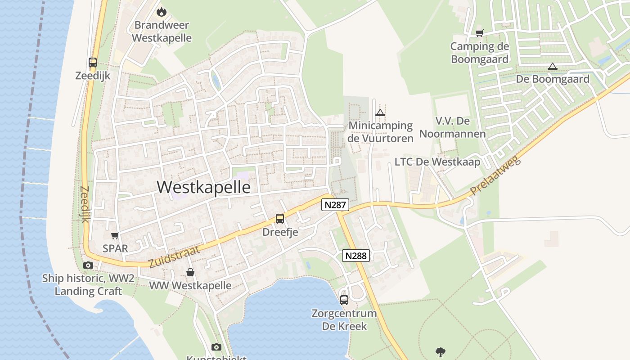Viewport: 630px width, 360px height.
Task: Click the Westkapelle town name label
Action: pos(204,187)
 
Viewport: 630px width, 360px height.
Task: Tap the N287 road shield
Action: pos(335,205)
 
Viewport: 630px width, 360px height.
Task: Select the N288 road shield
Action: pos(356,256)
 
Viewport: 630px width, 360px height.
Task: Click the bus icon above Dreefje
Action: pos(280,219)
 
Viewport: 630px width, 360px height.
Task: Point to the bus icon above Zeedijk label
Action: pos(93,63)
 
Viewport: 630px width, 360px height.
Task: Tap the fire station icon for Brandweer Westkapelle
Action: pos(161,12)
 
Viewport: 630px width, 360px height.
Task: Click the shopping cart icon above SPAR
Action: pos(115,235)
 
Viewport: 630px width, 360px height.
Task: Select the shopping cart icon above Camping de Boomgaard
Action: pos(480,33)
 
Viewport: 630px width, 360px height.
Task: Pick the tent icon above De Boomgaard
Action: pos(552,67)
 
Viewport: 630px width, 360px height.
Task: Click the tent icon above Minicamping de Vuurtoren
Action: pos(380,112)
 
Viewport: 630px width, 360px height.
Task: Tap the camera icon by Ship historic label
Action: pos(88,265)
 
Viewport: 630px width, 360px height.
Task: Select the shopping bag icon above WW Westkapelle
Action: pos(190,272)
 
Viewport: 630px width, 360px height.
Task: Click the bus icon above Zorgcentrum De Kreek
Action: pos(344,300)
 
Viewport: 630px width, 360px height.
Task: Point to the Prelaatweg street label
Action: pos(495,176)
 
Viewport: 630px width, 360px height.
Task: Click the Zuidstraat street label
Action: pos(174,257)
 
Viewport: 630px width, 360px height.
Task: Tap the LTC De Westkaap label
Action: pos(437,162)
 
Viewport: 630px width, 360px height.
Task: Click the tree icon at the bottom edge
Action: pos(441,352)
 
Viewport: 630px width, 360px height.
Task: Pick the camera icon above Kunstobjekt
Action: pos(216,347)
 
